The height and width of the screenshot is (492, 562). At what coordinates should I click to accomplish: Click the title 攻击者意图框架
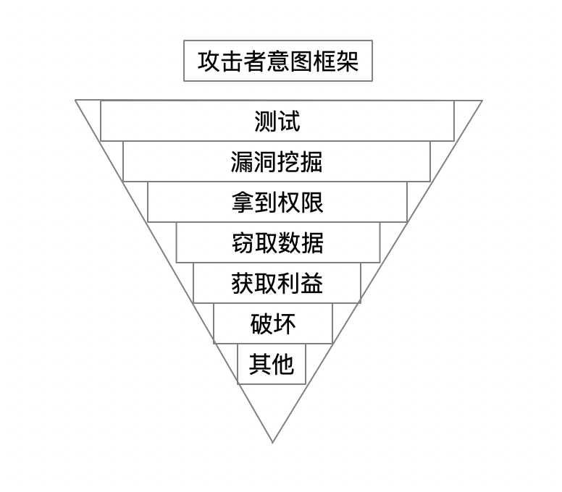277,61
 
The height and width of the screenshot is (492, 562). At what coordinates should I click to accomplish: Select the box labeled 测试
277,121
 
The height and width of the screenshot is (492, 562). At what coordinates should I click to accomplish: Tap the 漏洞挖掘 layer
277,161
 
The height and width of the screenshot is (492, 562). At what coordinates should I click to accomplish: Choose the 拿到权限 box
277,202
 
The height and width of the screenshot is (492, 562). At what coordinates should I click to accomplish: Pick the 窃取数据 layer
278,242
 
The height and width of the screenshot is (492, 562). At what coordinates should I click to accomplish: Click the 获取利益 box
277,283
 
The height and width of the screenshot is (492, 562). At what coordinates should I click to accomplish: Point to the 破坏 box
273,323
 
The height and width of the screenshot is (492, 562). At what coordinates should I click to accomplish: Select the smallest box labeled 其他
272,364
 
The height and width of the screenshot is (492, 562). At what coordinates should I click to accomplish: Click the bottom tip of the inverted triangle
273,441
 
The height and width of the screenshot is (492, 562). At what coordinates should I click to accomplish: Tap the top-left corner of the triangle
76,101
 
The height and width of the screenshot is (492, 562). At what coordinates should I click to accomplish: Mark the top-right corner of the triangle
482,101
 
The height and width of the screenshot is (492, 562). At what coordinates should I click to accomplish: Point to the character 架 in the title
347,61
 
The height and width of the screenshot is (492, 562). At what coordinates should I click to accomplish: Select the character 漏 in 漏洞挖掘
242,161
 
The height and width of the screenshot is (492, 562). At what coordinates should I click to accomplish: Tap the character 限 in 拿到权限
312,202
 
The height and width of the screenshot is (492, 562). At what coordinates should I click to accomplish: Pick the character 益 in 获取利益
312,283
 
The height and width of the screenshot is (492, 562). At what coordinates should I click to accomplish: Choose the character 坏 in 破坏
285,323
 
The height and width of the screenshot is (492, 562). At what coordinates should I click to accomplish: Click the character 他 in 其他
283,364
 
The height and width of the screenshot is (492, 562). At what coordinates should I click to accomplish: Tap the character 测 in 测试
266,121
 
